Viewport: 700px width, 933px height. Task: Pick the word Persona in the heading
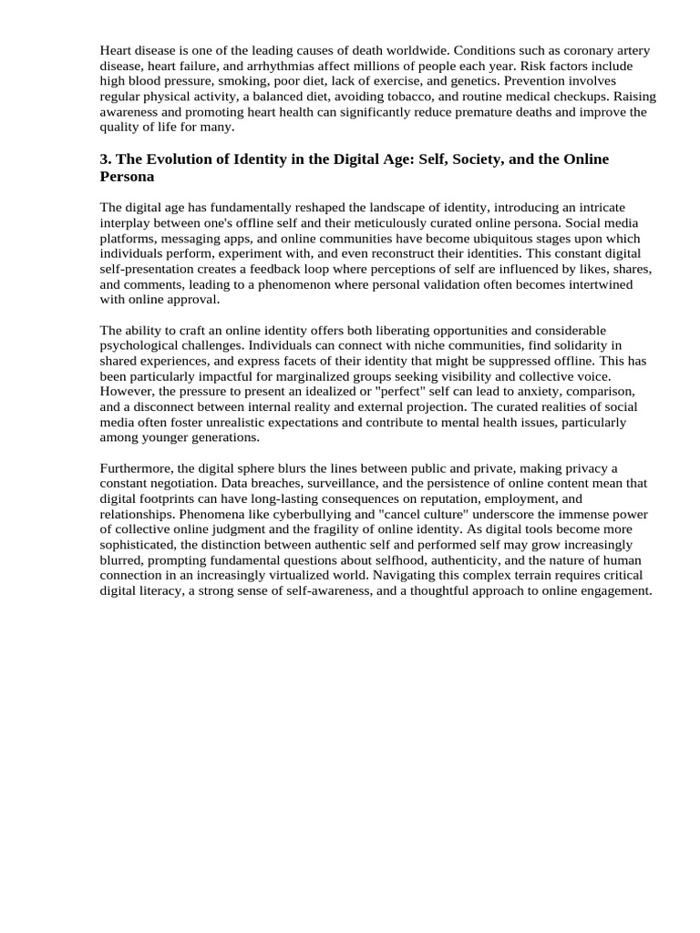[127, 177]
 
